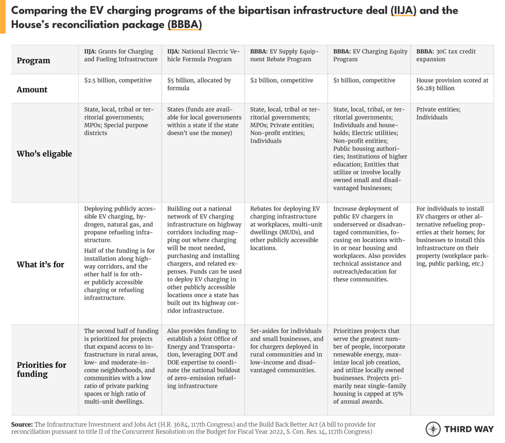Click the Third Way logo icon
coord(433,429)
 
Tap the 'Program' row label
coord(34,61)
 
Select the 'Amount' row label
coord(32,89)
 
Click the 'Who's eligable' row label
coord(44,154)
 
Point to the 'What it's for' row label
coord(41,264)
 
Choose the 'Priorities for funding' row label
coord(42,369)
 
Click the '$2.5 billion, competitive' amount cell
coord(118,80)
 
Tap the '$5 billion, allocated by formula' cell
coord(199,84)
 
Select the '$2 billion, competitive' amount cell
coord(281,80)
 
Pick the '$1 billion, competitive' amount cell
coord(364,80)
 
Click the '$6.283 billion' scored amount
coord(436,88)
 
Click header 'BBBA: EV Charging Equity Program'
coord(370,55)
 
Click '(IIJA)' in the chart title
coord(403,11)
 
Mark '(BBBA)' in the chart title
coord(185,25)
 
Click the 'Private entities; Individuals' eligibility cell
coord(438,113)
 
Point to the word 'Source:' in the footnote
coord(22,424)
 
